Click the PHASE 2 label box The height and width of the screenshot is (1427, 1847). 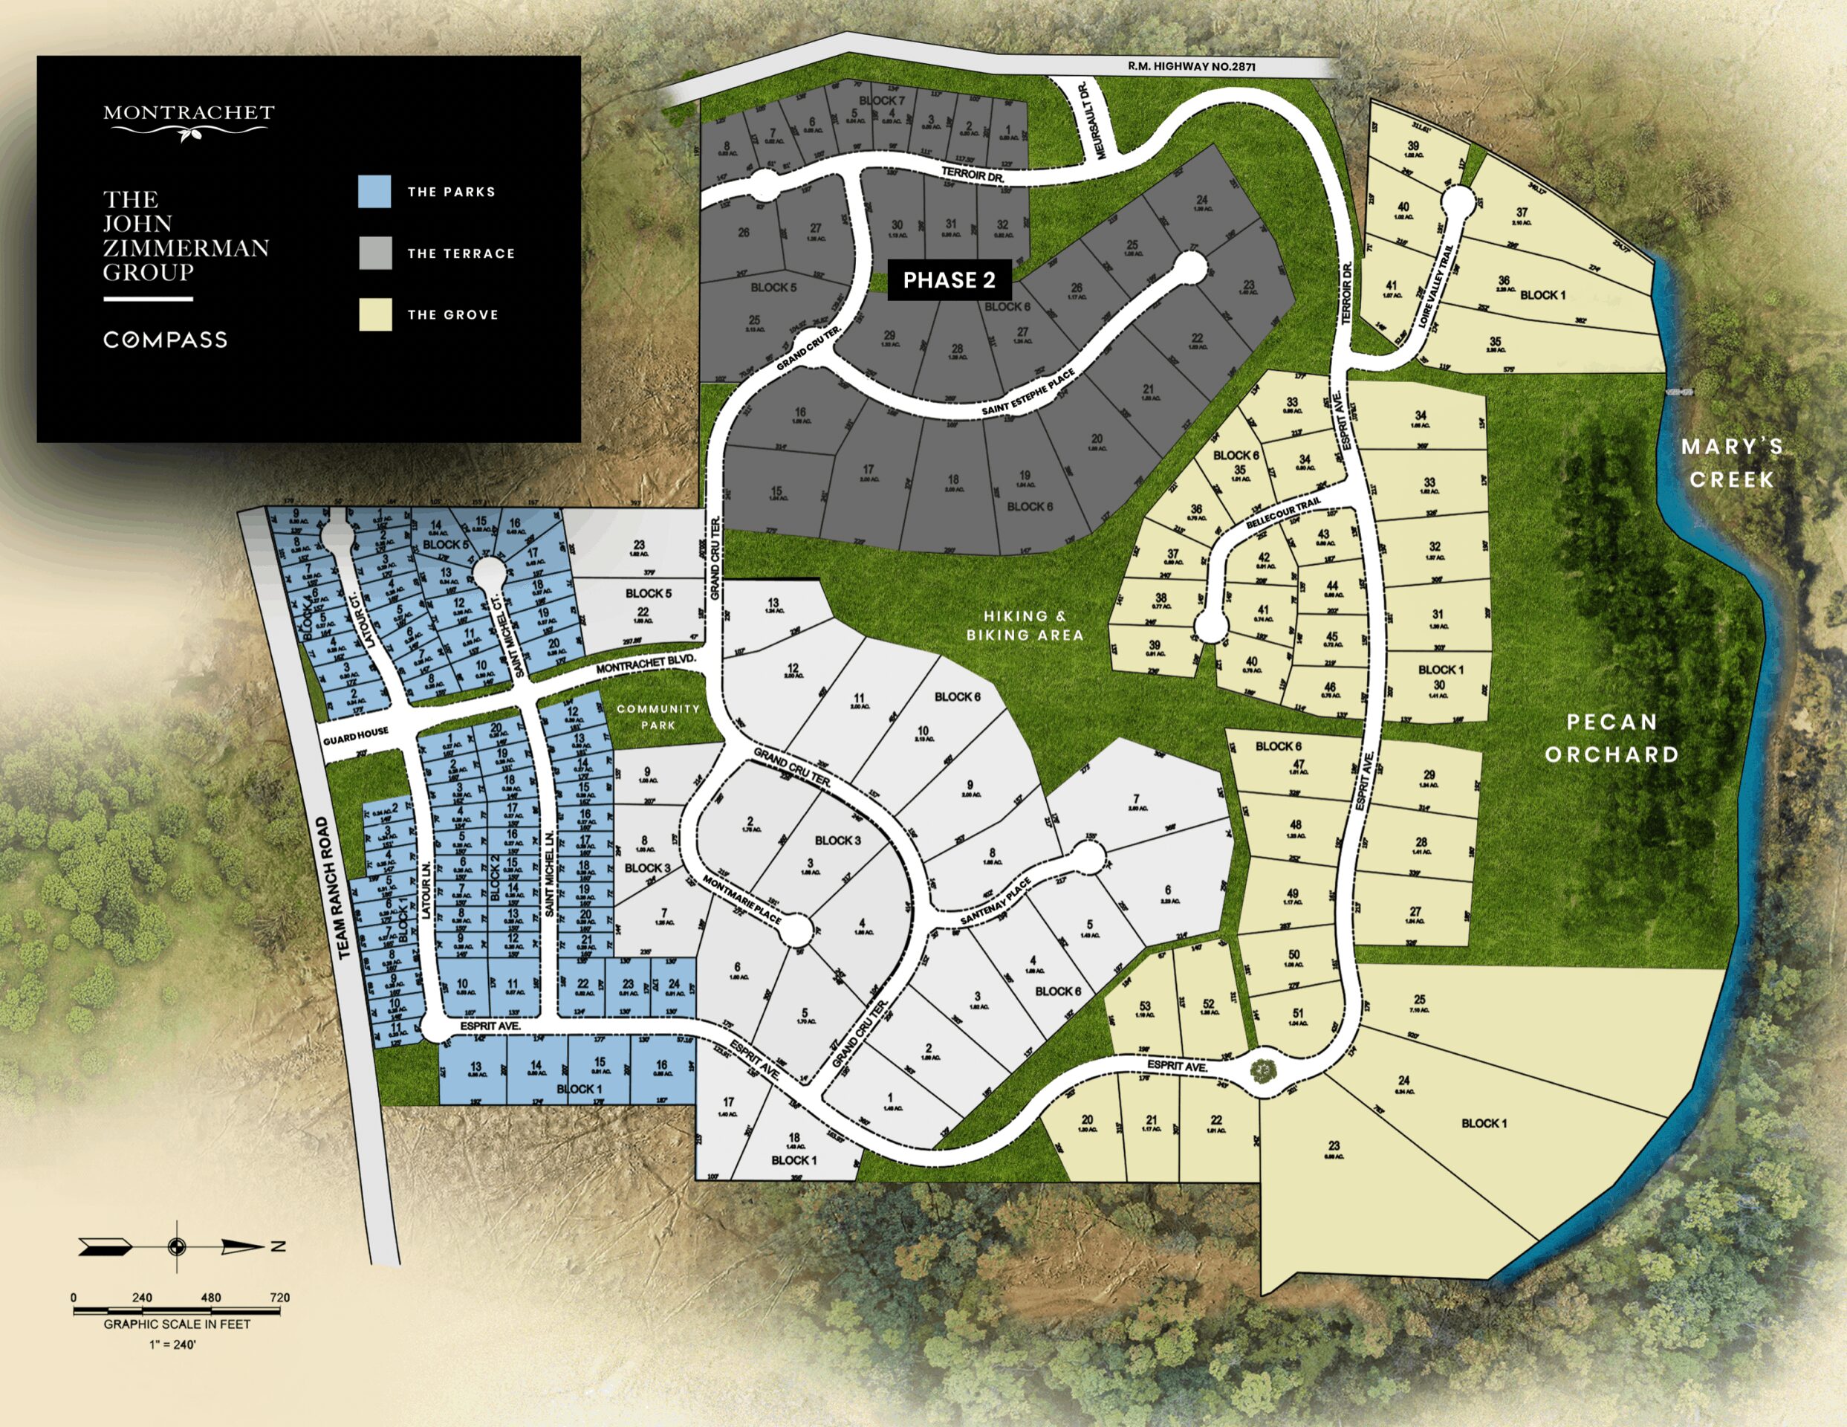(x=949, y=280)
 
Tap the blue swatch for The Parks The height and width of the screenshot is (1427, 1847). (x=374, y=192)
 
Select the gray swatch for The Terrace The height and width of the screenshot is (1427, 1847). (x=374, y=253)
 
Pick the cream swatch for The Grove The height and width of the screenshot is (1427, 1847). (x=374, y=314)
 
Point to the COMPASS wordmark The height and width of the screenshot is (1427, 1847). (x=166, y=340)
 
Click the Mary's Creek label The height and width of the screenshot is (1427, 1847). (x=1731, y=463)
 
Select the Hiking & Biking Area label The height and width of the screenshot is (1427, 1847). (x=1025, y=625)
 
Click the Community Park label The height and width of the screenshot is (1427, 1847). (x=658, y=716)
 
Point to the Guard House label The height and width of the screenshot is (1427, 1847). (x=355, y=736)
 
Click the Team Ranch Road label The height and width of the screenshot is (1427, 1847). (x=331, y=887)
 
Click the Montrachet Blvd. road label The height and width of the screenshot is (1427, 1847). (x=646, y=664)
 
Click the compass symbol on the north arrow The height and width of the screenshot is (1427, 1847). (x=177, y=1246)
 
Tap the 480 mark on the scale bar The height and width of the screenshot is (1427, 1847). (x=210, y=1297)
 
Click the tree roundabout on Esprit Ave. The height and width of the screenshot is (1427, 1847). (x=1262, y=1071)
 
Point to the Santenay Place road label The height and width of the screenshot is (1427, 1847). (x=995, y=902)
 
